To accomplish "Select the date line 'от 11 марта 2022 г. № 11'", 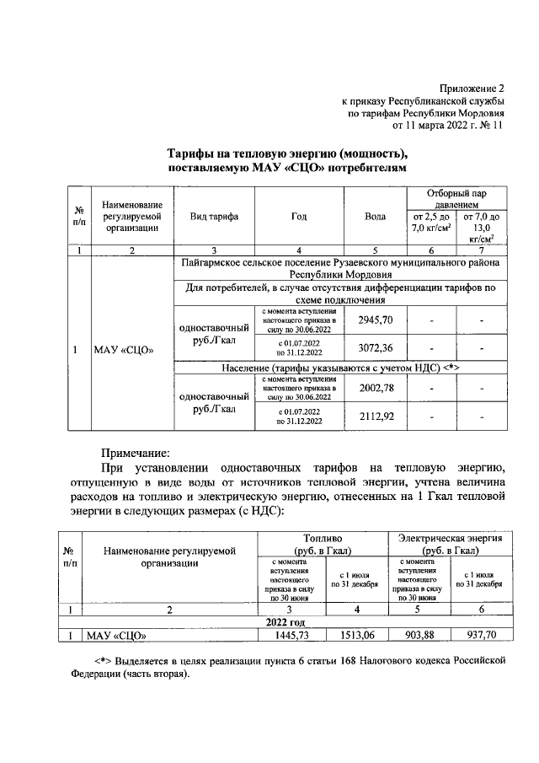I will click(x=447, y=126).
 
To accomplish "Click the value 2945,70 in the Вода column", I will click(x=376, y=321).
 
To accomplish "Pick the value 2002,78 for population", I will click(x=376, y=387).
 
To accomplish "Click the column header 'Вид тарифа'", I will click(x=214, y=217).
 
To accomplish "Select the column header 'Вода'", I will click(x=376, y=217).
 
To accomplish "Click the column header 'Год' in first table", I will click(x=298, y=217).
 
